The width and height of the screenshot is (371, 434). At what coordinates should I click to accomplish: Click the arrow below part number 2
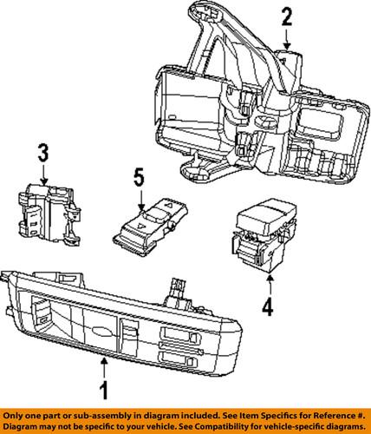[287, 38]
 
